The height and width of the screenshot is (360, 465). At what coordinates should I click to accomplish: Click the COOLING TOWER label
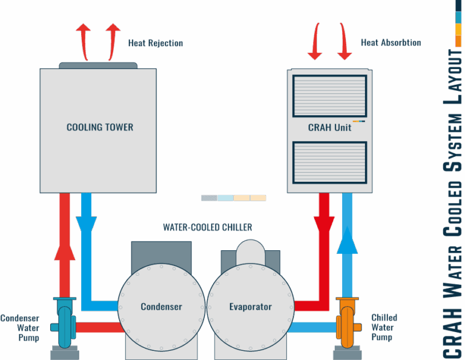point(100,127)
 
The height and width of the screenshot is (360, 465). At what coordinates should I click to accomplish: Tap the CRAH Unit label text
point(329,127)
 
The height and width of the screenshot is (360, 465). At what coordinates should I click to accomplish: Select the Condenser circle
point(161,307)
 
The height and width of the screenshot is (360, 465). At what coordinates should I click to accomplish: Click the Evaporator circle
point(250,307)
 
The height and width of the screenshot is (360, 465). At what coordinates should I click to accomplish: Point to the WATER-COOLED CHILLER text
point(207,227)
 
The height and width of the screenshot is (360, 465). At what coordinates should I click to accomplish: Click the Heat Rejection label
point(155,43)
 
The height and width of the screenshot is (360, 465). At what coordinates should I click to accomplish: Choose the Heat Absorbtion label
point(391,43)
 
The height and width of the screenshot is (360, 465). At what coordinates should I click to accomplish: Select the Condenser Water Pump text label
point(21,327)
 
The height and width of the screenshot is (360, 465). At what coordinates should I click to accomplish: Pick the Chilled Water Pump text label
point(384,327)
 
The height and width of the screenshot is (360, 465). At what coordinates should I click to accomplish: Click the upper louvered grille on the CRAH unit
point(329,96)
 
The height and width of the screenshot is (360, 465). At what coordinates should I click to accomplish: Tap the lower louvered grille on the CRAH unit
point(329,162)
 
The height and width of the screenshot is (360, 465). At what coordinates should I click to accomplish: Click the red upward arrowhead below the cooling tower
point(64,250)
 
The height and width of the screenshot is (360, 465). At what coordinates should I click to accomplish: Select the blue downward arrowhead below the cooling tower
point(87,224)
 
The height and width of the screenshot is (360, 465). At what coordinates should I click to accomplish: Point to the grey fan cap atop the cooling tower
point(98,65)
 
